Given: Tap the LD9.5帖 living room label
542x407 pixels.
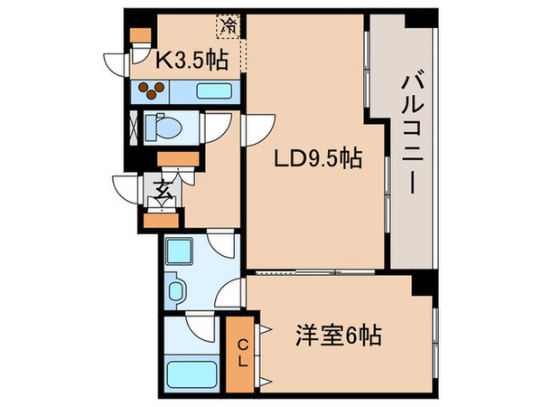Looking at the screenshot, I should point(318,160).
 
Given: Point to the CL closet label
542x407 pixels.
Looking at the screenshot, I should point(242,354).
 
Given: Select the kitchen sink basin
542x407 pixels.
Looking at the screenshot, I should point(213,91).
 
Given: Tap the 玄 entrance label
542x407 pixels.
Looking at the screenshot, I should point(164,190).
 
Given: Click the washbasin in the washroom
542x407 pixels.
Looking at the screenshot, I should point(178,290).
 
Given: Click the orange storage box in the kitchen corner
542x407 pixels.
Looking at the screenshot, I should point(139,37).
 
